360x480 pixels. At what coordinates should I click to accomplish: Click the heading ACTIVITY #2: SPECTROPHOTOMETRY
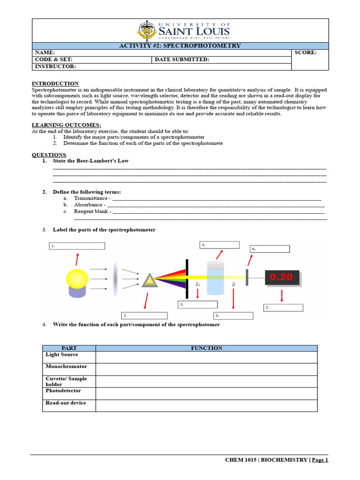[x=180, y=45]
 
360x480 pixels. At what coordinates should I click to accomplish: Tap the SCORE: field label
[x=306, y=52]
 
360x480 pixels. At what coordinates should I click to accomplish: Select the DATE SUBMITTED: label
[x=182, y=60]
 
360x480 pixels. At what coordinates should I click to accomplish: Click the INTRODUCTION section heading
[x=55, y=83]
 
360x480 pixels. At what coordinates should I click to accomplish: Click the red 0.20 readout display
[x=281, y=277]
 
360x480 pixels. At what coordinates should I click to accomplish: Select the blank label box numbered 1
[x=77, y=246]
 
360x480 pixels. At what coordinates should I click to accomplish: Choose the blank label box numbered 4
[x=219, y=245]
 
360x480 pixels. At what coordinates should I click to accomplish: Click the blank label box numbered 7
[x=283, y=307]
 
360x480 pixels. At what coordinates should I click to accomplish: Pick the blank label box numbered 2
[x=144, y=315]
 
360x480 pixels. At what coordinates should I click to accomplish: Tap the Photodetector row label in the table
[x=63, y=390]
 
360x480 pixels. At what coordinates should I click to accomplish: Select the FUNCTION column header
[x=206, y=348]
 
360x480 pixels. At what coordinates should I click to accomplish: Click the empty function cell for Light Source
[x=206, y=357]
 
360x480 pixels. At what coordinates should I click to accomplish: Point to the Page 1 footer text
[x=320, y=460]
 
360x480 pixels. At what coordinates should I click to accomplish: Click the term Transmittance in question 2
[x=91, y=198]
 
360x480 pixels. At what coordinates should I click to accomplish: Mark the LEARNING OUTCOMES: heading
[x=66, y=125]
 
